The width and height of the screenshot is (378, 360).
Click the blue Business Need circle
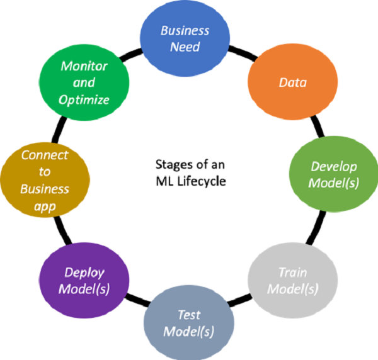(184, 37)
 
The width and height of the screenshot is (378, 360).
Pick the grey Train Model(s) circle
(292, 280)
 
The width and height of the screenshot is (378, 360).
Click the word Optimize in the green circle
(84, 99)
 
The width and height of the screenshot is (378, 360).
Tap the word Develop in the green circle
(334, 167)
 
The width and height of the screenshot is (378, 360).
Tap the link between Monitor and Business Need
(135, 53)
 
